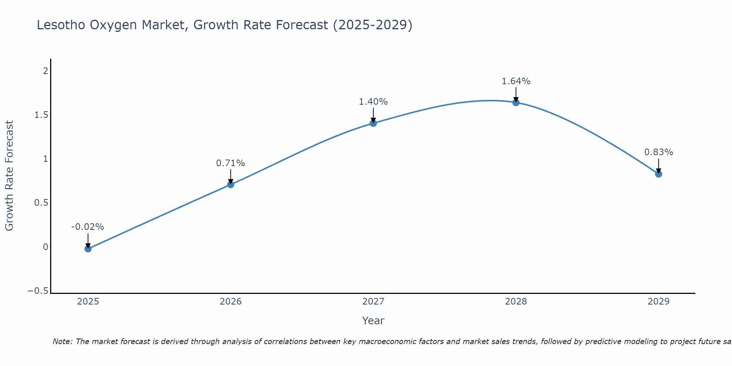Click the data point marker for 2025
(88, 249)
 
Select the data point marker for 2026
(231, 184)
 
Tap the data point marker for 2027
(373, 123)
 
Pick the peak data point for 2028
(516, 102)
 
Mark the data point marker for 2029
(658, 174)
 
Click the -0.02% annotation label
(87, 227)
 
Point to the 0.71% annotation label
(230, 163)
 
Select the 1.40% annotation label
(373, 102)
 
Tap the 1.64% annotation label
(516, 81)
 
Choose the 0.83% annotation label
(658, 152)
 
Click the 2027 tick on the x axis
(373, 302)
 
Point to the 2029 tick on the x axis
(658, 302)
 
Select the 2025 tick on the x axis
(88, 302)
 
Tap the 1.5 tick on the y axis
(41, 115)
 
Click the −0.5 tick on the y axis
(38, 291)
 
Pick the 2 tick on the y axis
(46, 71)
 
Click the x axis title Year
(373, 321)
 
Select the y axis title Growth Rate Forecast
(10, 175)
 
